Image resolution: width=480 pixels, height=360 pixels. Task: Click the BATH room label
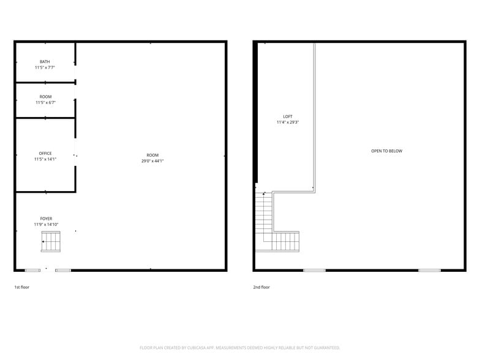[45, 61]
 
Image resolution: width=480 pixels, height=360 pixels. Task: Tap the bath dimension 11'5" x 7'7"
[45, 67]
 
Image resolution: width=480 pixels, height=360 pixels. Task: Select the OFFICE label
[45, 153]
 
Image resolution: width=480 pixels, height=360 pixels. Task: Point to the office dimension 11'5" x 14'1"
[45, 159]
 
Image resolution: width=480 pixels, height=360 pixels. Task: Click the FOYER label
[47, 219]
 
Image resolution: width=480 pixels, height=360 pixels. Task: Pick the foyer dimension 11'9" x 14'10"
[47, 225]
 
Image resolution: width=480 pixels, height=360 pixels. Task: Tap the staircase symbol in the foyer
[52, 244]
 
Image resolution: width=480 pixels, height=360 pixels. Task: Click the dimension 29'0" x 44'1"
[152, 161]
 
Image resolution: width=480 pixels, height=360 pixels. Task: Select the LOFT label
[288, 116]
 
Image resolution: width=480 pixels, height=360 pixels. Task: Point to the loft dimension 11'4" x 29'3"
[288, 122]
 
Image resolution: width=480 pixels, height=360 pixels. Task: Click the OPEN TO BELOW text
[387, 151]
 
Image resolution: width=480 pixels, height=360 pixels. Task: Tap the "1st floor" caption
[21, 287]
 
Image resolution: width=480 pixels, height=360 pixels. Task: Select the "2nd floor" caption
[261, 287]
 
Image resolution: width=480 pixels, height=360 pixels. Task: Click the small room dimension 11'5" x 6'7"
[45, 103]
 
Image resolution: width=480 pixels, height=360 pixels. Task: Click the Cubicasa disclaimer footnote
[239, 347]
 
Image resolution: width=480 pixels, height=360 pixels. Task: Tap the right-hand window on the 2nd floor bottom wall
[429, 270]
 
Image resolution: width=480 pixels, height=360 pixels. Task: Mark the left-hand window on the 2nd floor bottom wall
[315, 270]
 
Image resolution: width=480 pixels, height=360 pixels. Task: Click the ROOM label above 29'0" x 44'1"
[152, 155]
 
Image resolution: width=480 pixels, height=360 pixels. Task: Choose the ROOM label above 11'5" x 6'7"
[45, 97]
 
